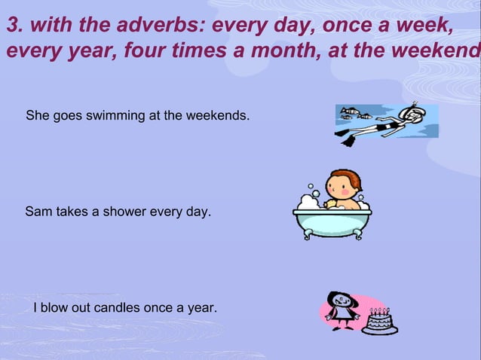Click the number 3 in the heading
(x=12, y=26)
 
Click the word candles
(x=120, y=308)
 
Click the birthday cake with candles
(x=379, y=322)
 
